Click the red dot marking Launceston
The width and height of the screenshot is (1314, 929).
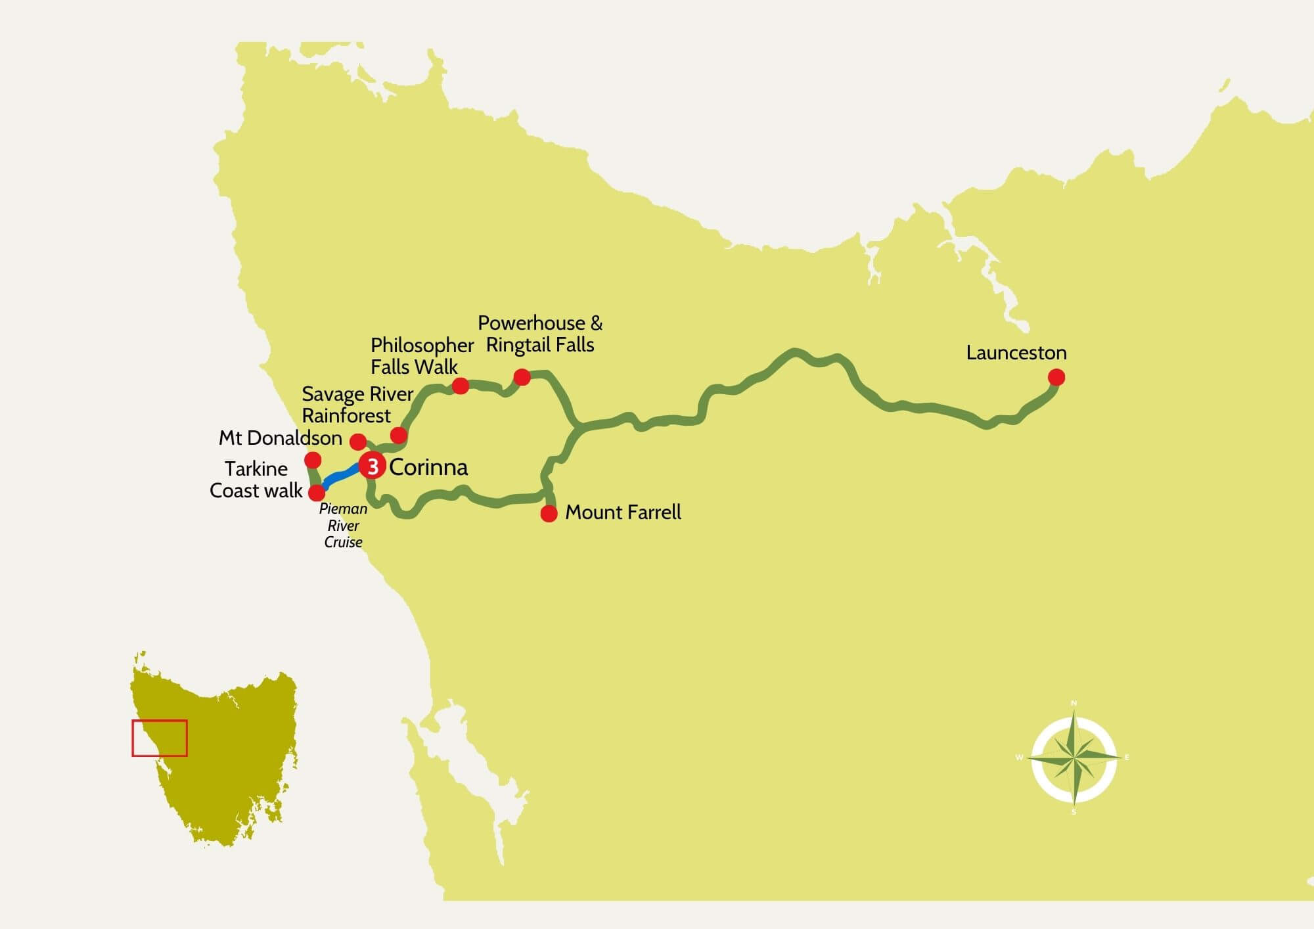pyautogui.click(x=1056, y=377)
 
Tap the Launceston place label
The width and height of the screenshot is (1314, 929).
pyautogui.click(x=1016, y=353)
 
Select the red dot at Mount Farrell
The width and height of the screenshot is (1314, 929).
pyautogui.click(x=549, y=513)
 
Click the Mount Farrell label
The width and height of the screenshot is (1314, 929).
pyautogui.click(x=623, y=512)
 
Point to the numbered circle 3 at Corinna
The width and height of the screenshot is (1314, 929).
pyautogui.click(x=373, y=466)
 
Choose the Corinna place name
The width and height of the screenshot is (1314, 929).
pyautogui.click(x=428, y=467)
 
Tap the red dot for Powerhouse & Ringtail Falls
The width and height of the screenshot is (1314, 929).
pyautogui.click(x=522, y=377)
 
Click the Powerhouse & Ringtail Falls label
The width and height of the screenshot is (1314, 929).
pyautogui.click(x=540, y=334)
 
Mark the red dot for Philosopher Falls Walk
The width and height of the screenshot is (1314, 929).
pyautogui.click(x=461, y=386)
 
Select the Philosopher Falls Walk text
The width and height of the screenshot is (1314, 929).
pyautogui.click(x=422, y=356)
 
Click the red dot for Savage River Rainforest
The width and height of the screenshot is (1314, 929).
pyautogui.click(x=399, y=435)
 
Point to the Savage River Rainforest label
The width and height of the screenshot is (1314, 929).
pyautogui.click(x=357, y=405)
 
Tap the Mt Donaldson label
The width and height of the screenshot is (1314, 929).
pyautogui.click(x=281, y=438)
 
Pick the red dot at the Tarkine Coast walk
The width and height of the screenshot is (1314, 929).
pyautogui.click(x=317, y=492)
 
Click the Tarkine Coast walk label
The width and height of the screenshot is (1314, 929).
pyautogui.click(x=256, y=480)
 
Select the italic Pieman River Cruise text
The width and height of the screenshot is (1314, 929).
pyautogui.click(x=343, y=526)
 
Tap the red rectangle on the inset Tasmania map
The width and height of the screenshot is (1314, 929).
pyautogui.click(x=160, y=738)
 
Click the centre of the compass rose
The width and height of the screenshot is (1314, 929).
pyautogui.click(x=1074, y=758)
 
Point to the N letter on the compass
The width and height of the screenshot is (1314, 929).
pyautogui.click(x=1074, y=704)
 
